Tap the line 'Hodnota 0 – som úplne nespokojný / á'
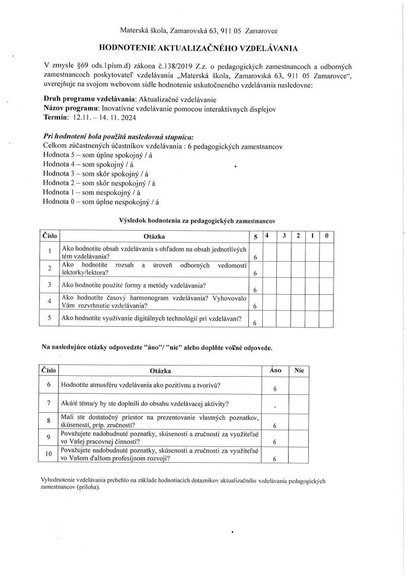click(104, 202)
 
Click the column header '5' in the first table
click(256, 236)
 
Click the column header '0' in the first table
click(327, 235)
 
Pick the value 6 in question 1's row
click(256, 257)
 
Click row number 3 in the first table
click(50, 285)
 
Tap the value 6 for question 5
click(256, 322)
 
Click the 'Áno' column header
click(276, 371)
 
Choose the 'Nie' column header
click(298, 371)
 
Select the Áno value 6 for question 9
click(275, 442)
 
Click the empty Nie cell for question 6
click(298, 386)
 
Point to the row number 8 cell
click(49, 420)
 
